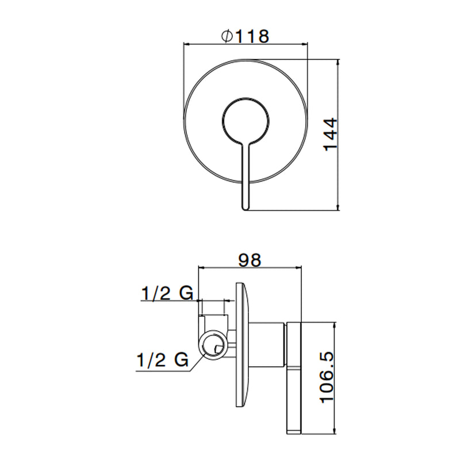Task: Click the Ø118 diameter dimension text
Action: tap(246, 36)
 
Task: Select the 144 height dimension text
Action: tap(331, 135)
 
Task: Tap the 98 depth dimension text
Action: tap(250, 260)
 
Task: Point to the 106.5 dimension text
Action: tap(327, 377)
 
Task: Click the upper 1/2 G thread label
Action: tap(167, 293)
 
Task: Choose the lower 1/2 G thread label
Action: tap(163, 360)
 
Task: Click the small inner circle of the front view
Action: tap(246, 121)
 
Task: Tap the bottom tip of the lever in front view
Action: tap(246, 210)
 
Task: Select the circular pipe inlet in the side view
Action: tap(213, 344)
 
